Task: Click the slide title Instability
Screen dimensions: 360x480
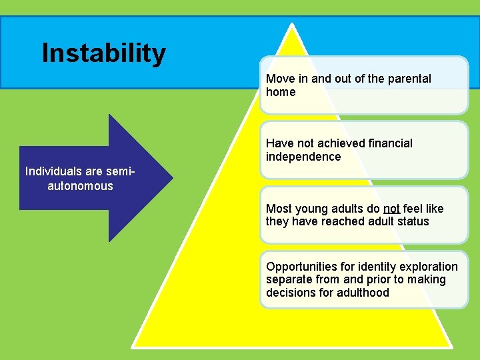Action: click(x=103, y=53)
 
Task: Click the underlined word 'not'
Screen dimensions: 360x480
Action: click(x=391, y=209)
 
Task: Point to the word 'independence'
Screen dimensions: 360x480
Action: click(x=303, y=157)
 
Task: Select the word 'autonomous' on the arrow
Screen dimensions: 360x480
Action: click(x=80, y=186)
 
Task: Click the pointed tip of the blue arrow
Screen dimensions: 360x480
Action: click(x=172, y=178)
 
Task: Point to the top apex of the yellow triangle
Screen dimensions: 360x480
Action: click(x=292, y=25)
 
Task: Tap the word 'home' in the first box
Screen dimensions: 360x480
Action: click(x=281, y=92)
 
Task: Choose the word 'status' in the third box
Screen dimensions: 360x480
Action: click(x=413, y=221)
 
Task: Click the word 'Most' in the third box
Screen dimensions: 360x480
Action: click(x=279, y=209)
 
